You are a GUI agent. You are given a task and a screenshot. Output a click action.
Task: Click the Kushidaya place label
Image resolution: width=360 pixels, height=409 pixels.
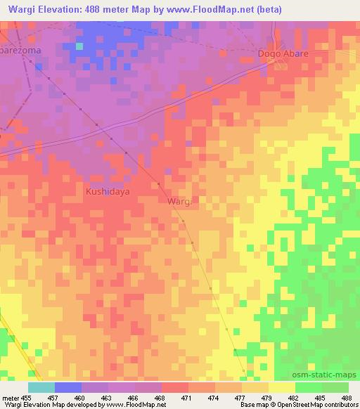coord(108,190)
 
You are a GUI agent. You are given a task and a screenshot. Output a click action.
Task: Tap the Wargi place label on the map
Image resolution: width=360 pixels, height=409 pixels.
coord(179,202)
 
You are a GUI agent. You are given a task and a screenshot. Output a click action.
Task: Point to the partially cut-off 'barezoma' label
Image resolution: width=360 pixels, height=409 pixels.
coord(20,51)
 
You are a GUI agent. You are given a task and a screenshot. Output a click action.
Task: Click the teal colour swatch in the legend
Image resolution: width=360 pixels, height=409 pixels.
coord(41,387)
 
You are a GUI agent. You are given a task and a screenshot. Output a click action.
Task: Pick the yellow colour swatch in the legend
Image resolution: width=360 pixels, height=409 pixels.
coord(281,387)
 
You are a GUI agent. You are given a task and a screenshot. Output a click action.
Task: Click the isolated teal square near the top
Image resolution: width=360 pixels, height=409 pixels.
coord(79,46)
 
